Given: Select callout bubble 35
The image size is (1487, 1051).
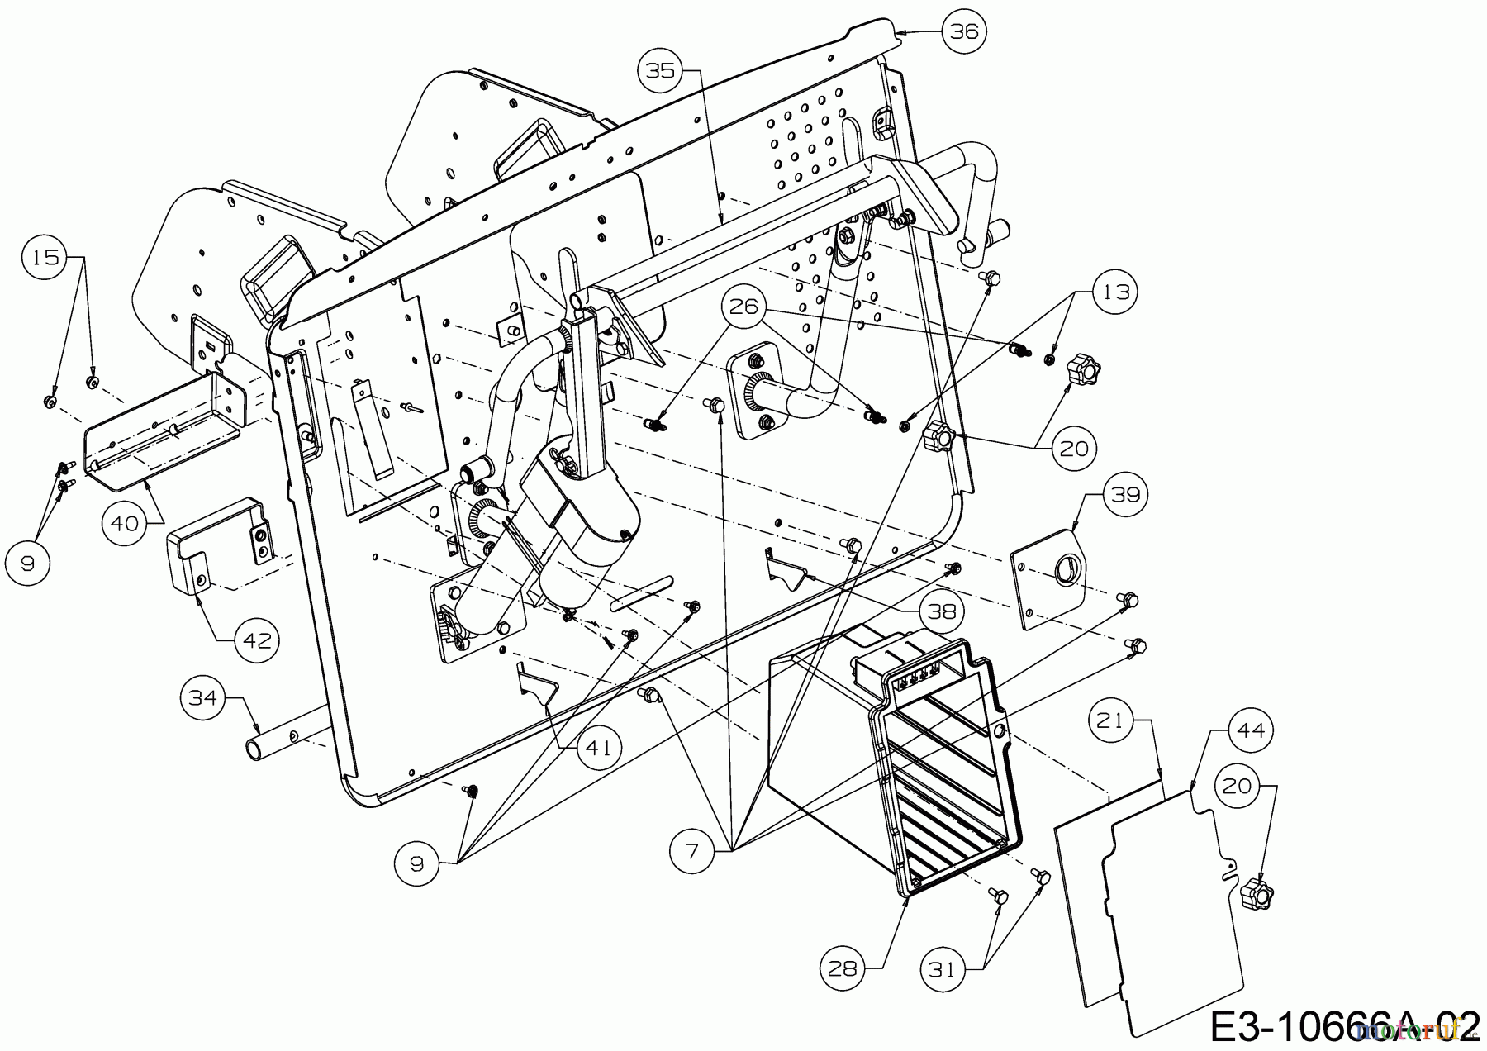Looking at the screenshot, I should tap(661, 71).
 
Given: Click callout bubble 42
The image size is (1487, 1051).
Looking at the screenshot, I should tap(257, 640).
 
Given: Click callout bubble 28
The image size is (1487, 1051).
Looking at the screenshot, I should tap(843, 968).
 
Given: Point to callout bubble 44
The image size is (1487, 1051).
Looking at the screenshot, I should tap(1251, 730).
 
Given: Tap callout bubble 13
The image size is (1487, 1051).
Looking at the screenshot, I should tap(1115, 292).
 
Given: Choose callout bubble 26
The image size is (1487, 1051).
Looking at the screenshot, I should tap(743, 307).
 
